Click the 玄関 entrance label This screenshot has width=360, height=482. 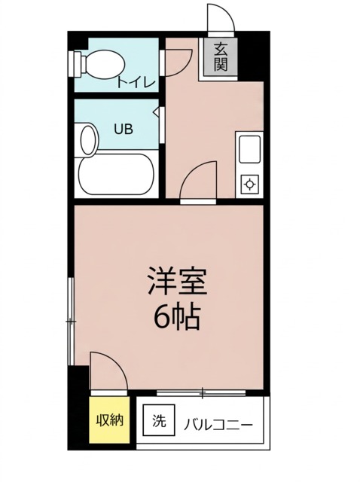(221, 57)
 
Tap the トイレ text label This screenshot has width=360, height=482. (136, 82)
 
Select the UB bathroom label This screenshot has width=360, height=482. (124, 129)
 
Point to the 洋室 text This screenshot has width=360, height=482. (177, 281)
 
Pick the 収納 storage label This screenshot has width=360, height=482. (110, 420)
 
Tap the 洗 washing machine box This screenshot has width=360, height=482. (159, 420)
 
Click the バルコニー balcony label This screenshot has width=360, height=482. (218, 425)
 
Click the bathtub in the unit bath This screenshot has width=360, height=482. (116, 174)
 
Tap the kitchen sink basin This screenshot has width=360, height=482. (249, 149)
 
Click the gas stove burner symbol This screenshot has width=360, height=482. (249, 184)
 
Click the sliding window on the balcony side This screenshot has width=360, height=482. (201, 392)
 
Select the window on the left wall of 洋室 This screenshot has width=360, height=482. (71, 322)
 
